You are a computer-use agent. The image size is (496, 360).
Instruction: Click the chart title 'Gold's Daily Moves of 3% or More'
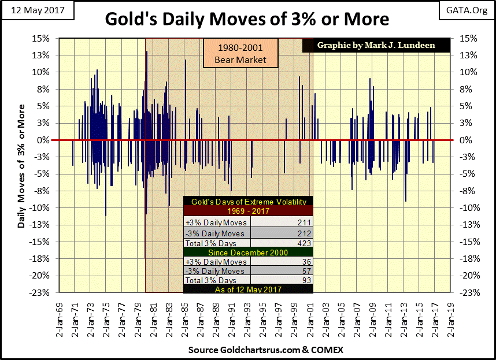pos(247,19)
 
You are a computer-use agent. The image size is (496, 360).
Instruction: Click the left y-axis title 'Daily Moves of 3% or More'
pos(21,166)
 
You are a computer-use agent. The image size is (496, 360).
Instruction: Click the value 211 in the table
pos(304,222)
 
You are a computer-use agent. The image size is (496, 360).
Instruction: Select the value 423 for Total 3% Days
pos(304,243)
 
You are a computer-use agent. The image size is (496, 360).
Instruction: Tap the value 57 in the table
pos(306,270)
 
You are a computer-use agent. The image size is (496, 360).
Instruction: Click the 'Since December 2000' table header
pos(248,253)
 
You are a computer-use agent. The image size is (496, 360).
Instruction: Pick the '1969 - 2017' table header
pos(248,211)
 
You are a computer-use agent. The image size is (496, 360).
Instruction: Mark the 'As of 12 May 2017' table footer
pos(248,290)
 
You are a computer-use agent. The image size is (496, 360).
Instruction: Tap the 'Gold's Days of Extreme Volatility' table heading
pos(248,201)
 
